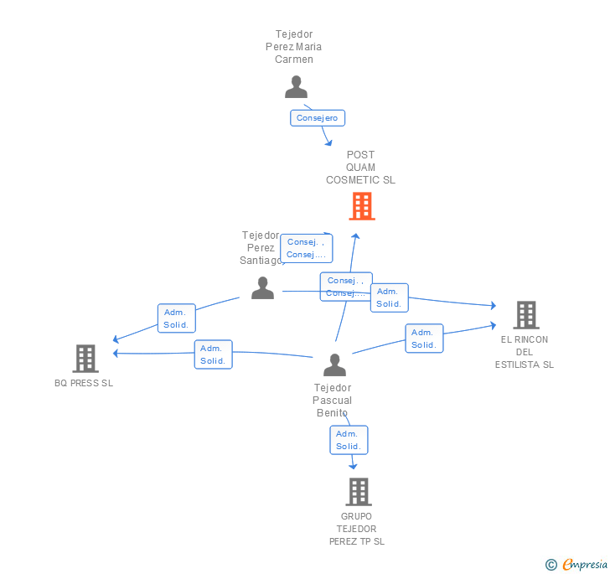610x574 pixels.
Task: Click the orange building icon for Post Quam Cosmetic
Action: pos(361,206)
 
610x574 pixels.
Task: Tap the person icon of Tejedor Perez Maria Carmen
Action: pos(296,87)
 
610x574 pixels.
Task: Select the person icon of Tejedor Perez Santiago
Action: pos(262,288)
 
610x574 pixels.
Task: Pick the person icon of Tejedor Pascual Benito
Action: pos(334,365)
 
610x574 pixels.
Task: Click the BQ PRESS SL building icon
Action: pos(85,358)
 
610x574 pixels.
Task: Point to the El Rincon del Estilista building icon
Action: pos(525,315)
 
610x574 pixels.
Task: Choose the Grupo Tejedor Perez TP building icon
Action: pos(358,492)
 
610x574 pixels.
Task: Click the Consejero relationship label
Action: pos(318,118)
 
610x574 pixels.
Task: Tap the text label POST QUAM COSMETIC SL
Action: pos(360,168)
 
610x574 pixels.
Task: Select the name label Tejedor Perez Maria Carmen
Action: pos(293,47)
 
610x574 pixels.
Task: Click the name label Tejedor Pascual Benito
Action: pos(333,400)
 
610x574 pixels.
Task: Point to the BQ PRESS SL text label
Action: pos(84,383)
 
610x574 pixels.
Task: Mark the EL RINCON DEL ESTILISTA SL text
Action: pos(525,352)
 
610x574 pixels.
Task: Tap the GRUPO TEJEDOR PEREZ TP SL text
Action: pos(357,529)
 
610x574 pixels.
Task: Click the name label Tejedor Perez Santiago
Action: pos(261,248)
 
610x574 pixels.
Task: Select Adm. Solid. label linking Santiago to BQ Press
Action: pos(176,318)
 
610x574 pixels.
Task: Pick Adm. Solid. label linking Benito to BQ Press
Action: pos(213,354)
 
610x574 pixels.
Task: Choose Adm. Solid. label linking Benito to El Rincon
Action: pos(424,339)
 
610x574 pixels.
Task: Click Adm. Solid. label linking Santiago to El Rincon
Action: pos(389,297)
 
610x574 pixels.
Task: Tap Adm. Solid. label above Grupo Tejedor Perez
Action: pos(348,440)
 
